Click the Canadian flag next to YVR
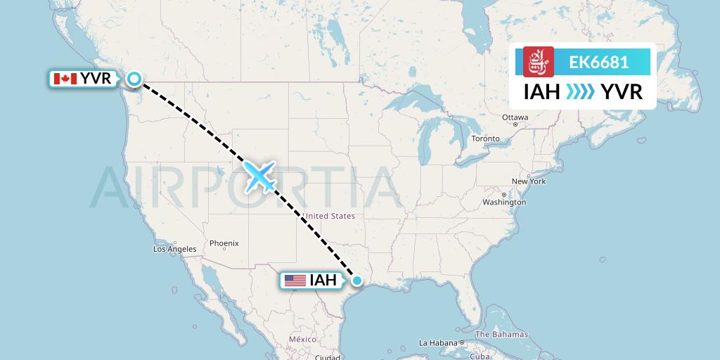coord(65,79)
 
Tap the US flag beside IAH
coord(295,281)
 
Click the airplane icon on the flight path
coord(259,176)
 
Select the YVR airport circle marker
coord(134,79)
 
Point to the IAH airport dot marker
coord(357,281)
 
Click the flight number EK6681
coord(598,63)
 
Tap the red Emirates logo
coord(539,62)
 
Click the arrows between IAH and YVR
coord(580,91)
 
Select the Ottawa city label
coord(515,117)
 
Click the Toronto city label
coord(485,139)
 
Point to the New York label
coord(529,181)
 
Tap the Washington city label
coord(504,202)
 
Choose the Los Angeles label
coord(175,249)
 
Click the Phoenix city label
coord(224,243)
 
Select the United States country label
coord(329,216)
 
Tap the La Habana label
coord(439,343)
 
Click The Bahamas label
coord(501,334)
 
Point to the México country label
coord(302,340)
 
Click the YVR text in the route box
coord(622,91)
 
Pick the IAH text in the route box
coord(541,91)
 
